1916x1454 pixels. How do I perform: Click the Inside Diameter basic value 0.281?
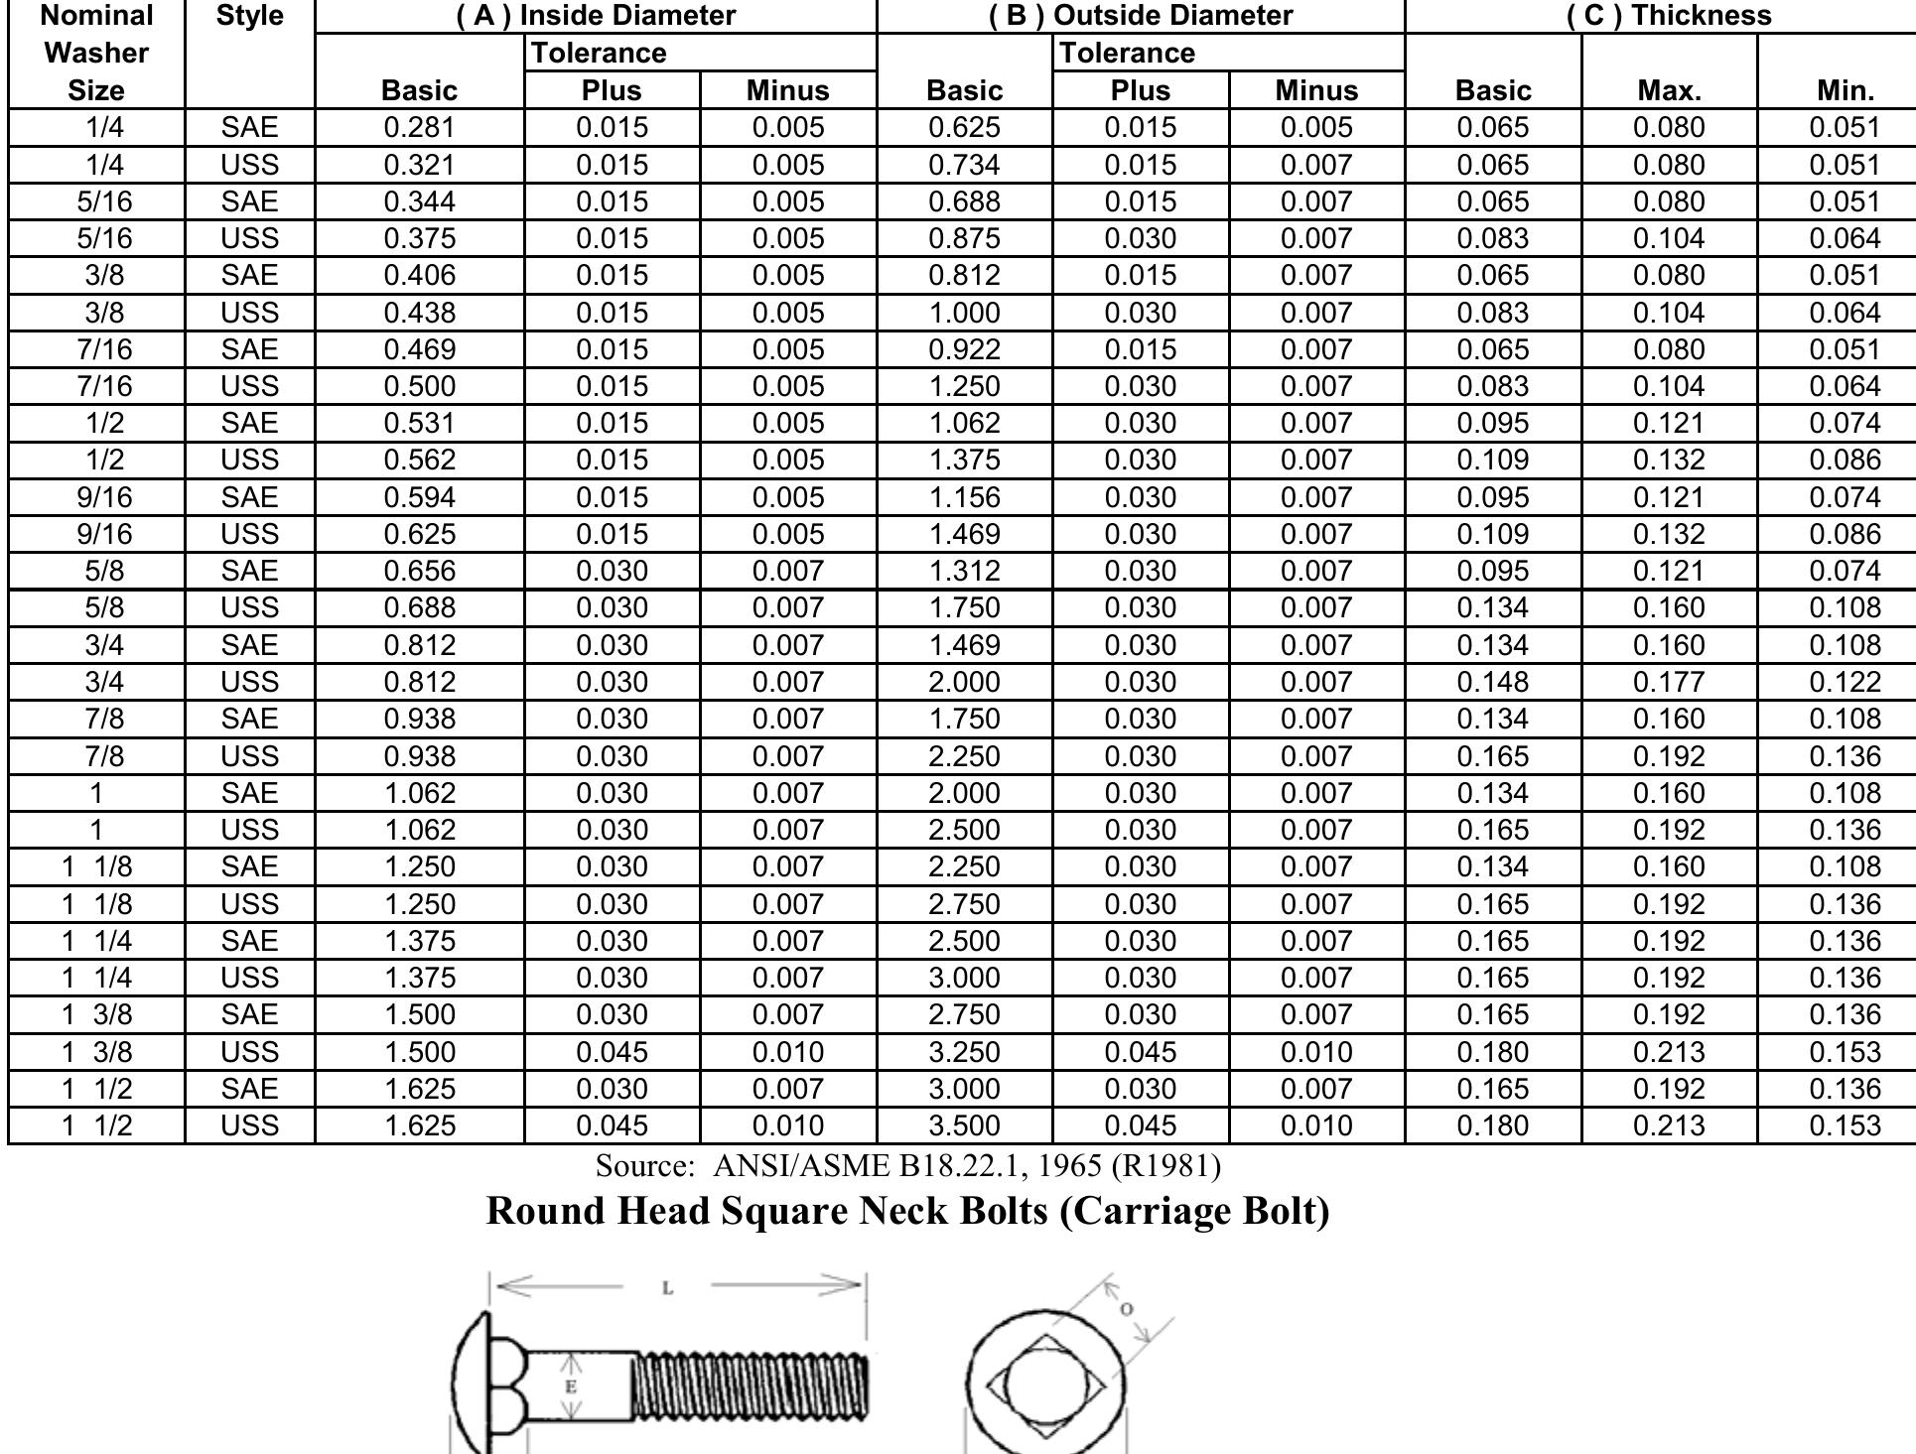[419, 128]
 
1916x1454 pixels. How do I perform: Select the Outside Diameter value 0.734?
[964, 165]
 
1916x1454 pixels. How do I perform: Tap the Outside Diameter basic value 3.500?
[964, 1125]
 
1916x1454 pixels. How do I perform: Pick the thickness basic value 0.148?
[1493, 682]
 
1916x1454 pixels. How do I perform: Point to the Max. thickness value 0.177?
[1669, 682]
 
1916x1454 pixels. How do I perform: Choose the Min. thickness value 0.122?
[1845, 682]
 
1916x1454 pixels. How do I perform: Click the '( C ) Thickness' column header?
[1669, 16]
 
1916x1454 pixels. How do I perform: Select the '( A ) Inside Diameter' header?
[596, 16]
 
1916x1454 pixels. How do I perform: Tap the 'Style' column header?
[249, 16]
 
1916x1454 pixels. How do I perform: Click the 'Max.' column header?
[1669, 91]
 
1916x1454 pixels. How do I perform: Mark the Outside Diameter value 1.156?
[964, 497]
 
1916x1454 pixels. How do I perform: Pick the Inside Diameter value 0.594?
[419, 497]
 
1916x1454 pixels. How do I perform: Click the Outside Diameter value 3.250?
[964, 1052]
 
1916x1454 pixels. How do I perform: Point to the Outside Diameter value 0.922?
[964, 349]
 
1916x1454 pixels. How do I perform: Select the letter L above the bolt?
[667, 1288]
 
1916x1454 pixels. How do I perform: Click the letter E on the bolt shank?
[570, 1387]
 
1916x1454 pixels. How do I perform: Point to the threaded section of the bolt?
[750, 1386]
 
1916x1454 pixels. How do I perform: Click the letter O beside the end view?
[1126, 1309]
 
